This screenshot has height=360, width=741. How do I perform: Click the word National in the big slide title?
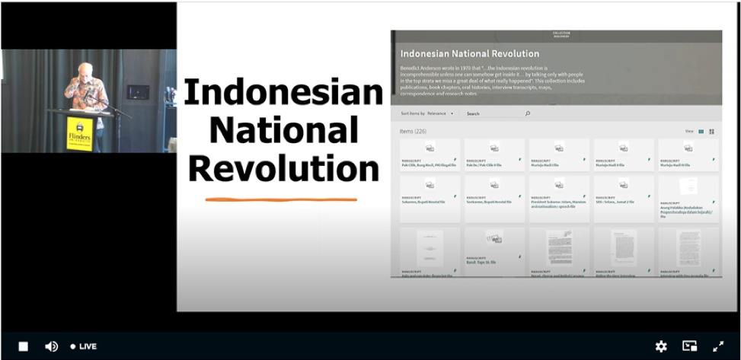(x=283, y=130)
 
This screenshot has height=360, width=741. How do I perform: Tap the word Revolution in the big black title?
(x=283, y=168)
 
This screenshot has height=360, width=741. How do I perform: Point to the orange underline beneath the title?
(x=280, y=200)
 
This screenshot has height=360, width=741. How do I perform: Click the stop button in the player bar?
(x=24, y=346)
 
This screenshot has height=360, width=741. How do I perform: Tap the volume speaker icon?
(x=51, y=346)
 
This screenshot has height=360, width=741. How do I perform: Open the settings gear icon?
(x=661, y=346)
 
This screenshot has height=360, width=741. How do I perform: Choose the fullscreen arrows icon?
(x=717, y=346)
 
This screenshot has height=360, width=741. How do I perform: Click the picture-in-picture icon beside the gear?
(x=689, y=346)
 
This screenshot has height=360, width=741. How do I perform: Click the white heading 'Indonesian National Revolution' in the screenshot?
(x=469, y=54)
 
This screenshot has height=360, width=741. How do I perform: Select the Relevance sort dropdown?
(x=439, y=113)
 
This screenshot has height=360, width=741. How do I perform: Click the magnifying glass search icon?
(x=527, y=113)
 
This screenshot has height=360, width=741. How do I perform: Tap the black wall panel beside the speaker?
(x=138, y=92)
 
